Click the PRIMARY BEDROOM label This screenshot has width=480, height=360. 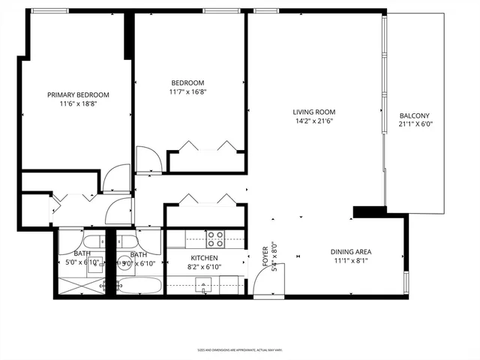coord(78,94)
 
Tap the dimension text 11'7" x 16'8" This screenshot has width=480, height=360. coord(188,92)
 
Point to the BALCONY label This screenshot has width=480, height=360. coord(415,115)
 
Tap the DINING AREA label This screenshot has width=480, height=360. coord(352,251)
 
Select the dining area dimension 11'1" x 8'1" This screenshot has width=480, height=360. coord(352,261)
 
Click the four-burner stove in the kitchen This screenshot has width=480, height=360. coord(216,238)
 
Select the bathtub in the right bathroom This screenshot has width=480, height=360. coord(139,286)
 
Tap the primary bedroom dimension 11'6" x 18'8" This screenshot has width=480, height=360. coord(78,103)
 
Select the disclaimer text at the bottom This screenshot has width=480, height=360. coord(239,350)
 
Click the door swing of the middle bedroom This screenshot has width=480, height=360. coord(147,160)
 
